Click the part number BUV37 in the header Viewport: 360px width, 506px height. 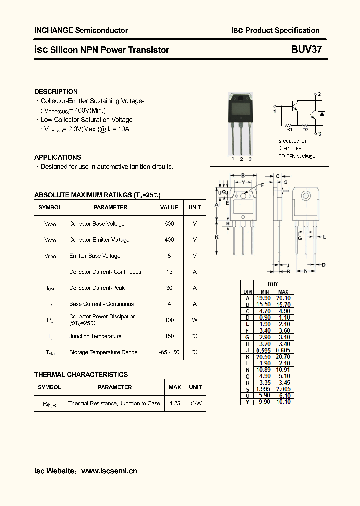click(307, 50)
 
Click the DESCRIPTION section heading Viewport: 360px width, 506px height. click(56, 92)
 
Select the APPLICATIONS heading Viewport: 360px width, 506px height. click(58, 157)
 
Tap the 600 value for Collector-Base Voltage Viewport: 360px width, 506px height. click(169, 224)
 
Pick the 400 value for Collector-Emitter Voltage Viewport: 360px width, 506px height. click(169, 240)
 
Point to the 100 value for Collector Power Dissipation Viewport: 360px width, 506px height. click(169, 320)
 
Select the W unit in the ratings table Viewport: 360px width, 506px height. click(195, 320)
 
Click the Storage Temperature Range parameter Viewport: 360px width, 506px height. click(103, 352)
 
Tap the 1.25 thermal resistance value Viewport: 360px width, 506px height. click(175, 403)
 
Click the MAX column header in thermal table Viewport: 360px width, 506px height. click(175, 387)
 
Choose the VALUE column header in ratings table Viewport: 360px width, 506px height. click(169, 207)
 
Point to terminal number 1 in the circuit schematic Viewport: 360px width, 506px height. click(275, 112)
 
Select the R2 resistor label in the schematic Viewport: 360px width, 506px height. click(305, 129)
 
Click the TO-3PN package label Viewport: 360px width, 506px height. click(297, 156)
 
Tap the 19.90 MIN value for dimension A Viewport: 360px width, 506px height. click(264, 298)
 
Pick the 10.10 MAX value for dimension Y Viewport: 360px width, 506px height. click(283, 402)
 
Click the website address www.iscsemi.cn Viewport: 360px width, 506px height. click(109, 471)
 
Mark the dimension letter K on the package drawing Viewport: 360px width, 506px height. click(217, 237)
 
